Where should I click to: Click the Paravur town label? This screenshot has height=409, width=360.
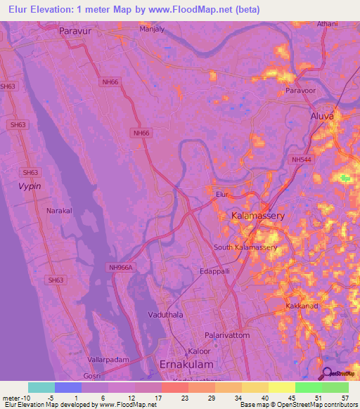click(x=77, y=31)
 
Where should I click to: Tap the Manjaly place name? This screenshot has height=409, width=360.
click(x=152, y=30)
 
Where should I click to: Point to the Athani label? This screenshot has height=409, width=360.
click(x=327, y=24)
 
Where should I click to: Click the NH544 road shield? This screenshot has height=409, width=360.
click(x=300, y=160)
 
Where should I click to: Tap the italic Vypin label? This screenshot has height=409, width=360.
click(x=30, y=186)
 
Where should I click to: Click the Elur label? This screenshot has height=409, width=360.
click(x=223, y=193)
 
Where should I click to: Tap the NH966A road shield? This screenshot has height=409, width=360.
click(x=120, y=267)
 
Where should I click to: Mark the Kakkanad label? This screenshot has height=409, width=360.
click(x=304, y=308)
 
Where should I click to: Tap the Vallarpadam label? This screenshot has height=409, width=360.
click(x=108, y=359)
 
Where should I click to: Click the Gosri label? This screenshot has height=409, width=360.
click(x=91, y=377)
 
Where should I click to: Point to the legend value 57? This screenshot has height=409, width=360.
click(x=345, y=398)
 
